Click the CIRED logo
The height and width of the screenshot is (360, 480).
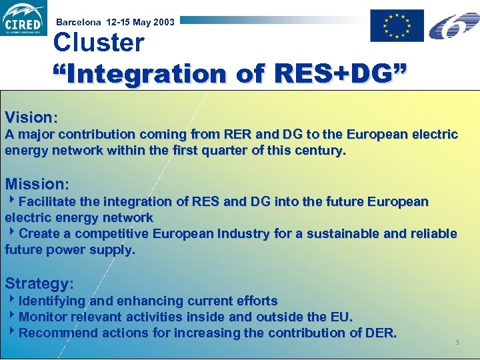point(24,19)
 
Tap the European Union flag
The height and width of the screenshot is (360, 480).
point(397,26)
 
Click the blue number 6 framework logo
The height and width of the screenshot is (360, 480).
point(453,25)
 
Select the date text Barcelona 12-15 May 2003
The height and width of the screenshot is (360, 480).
point(115,22)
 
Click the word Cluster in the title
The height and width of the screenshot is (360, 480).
point(99,43)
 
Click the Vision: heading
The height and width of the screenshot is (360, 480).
point(31,117)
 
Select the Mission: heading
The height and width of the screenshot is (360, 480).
point(37,183)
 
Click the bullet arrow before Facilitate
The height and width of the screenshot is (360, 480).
point(11,201)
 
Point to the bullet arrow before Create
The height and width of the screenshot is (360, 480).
point(11,233)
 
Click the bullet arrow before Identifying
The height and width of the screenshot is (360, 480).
point(11,300)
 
